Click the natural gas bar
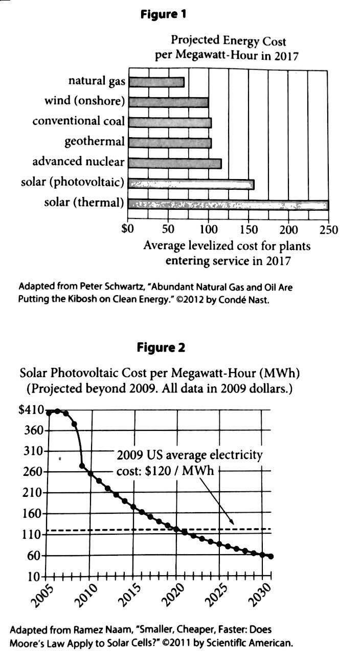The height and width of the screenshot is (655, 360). coord(156,82)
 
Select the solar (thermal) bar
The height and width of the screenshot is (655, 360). coord(228,205)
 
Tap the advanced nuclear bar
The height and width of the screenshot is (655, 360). coord(175,163)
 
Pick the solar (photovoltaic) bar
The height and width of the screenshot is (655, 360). coord(191,184)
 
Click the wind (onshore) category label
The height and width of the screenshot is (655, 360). coord(85,101)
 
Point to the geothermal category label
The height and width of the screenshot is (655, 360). coord(95,142)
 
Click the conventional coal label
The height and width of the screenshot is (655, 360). coord(79,121)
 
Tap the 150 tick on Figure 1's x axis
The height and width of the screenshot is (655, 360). coord(249,229)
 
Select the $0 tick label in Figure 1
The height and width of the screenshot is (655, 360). coord(127,229)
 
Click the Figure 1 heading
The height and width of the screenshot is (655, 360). coord(163,14)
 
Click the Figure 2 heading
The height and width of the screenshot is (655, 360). coord(161,347)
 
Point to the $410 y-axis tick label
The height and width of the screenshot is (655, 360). coord(31,410)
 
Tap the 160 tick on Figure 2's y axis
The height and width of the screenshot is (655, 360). coord(33,514)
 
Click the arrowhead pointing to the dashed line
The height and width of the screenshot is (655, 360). coord(232,521)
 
